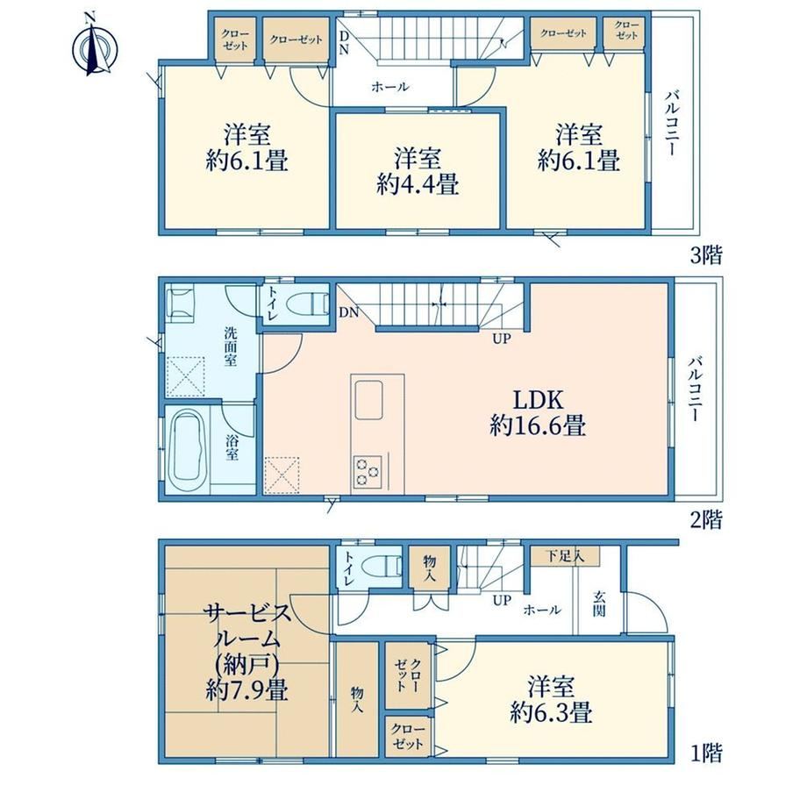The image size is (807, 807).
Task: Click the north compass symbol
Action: pyautogui.click(x=94, y=48)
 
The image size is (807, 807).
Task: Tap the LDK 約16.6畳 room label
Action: pyautogui.click(x=538, y=412)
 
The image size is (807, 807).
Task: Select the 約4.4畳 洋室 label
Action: pyautogui.click(x=418, y=171)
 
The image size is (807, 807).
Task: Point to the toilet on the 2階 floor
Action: pyautogui.click(x=308, y=304)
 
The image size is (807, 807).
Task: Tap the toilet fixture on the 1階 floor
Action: pyautogui.click(x=381, y=566)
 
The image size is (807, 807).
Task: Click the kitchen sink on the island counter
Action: pyautogui.click(x=368, y=400)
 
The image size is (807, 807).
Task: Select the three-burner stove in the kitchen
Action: pyautogui.click(x=367, y=472)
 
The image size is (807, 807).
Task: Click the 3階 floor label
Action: pyautogui.click(x=706, y=255)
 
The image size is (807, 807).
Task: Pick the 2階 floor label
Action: pyautogui.click(x=706, y=519)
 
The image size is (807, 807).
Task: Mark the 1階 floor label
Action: pyautogui.click(x=706, y=753)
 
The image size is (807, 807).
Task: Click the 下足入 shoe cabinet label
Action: pyautogui.click(x=565, y=556)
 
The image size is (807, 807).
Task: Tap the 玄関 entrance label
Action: pyautogui.click(x=598, y=604)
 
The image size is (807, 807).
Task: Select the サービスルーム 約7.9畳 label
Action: pyautogui.click(x=247, y=652)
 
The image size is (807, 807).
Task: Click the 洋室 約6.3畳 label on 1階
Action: pyautogui.click(x=551, y=700)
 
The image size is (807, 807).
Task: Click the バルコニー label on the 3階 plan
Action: pyautogui.click(x=671, y=124)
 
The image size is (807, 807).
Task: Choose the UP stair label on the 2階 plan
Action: pyautogui.click(x=501, y=339)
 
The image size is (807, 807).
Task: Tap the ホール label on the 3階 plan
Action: pyautogui.click(x=390, y=87)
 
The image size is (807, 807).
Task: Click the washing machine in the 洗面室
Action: pyautogui.click(x=180, y=304)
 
